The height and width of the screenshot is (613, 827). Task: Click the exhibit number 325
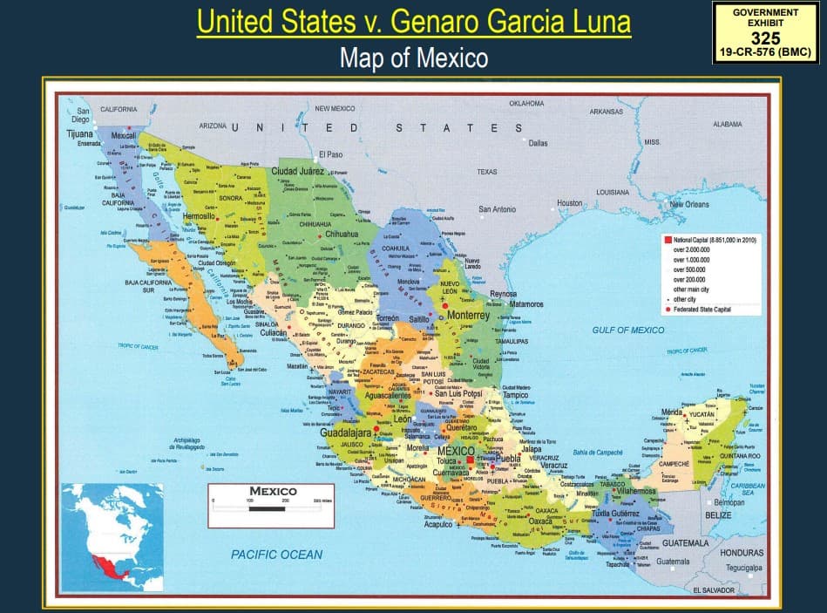766,38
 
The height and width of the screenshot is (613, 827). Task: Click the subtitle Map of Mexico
413,58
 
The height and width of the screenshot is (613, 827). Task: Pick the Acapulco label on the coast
437,524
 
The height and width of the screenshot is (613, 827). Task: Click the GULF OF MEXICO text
627,330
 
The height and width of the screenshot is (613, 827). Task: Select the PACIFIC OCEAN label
276,554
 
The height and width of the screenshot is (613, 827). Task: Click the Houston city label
570,202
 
